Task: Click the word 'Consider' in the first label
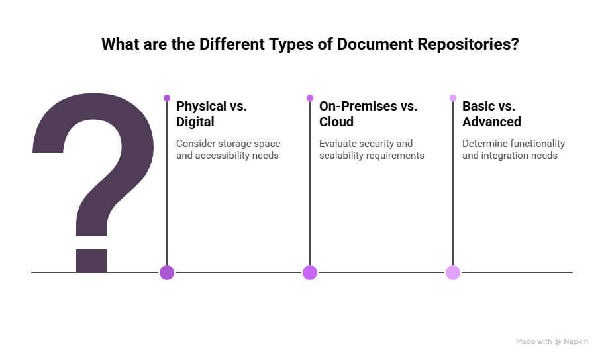pyautogui.click(x=195, y=144)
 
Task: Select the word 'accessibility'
pyautogui.click(x=224, y=156)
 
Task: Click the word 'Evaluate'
pyautogui.click(x=337, y=144)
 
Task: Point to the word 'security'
pyautogui.click(x=377, y=144)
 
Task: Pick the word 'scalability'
pyautogui.click(x=342, y=156)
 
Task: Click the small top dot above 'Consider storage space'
pyautogui.click(x=167, y=98)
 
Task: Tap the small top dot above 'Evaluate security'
pyautogui.click(x=310, y=98)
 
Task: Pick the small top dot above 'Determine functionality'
pyautogui.click(x=453, y=98)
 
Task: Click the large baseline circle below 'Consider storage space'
pyautogui.click(x=167, y=272)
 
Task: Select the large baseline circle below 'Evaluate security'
pyautogui.click(x=310, y=272)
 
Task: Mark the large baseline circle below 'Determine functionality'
pyautogui.click(x=453, y=272)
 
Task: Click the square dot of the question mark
pyautogui.click(x=91, y=260)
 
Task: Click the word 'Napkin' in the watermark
pyautogui.click(x=576, y=342)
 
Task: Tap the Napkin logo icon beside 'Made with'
pyautogui.click(x=558, y=342)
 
